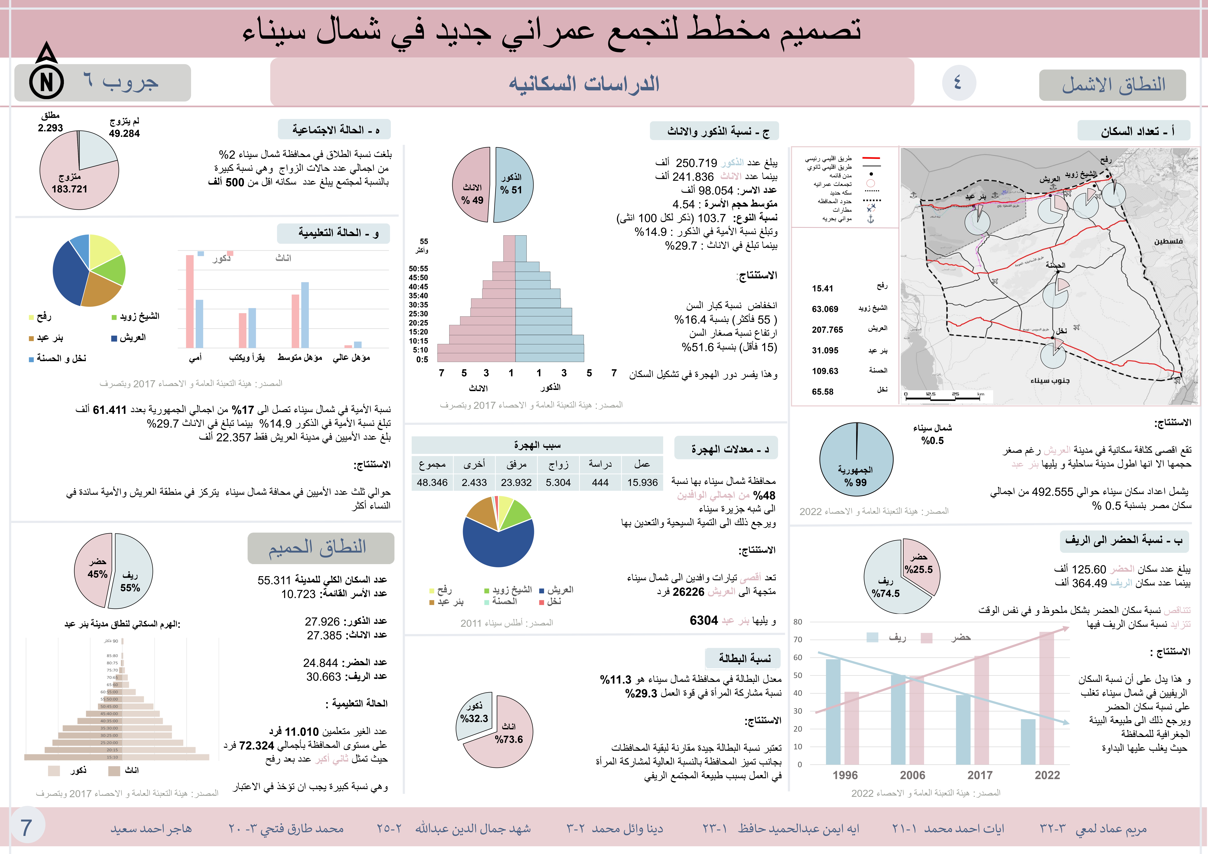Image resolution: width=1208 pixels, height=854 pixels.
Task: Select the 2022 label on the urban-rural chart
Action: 1047,775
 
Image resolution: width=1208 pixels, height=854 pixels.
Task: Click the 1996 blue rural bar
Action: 833,711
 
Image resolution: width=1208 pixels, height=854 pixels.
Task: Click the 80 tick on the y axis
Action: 798,622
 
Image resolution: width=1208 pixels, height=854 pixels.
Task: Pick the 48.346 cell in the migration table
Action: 432,483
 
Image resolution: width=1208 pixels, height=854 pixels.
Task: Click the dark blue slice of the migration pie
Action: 497,545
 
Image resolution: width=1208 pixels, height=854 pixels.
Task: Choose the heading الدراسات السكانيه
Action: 584,84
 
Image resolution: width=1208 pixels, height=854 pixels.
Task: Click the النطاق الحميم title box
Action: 320,548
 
